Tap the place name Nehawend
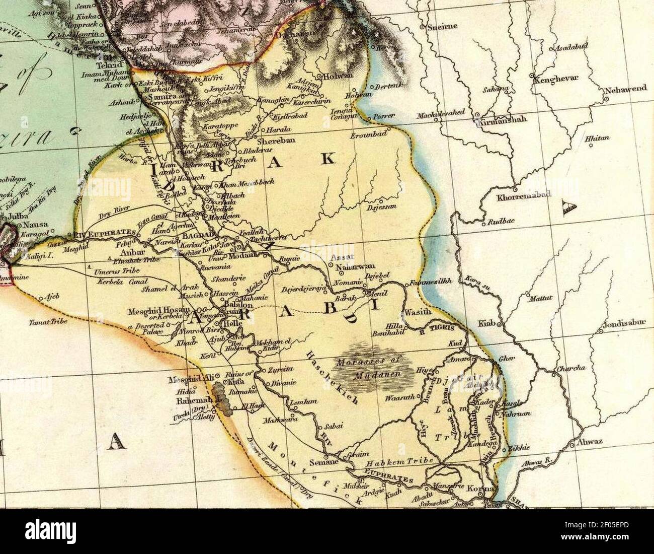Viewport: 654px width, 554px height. pyautogui.click(x=626, y=89)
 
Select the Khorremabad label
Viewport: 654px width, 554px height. pyautogui.click(x=524, y=197)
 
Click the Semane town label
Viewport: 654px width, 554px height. pyautogui.click(x=322, y=462)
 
